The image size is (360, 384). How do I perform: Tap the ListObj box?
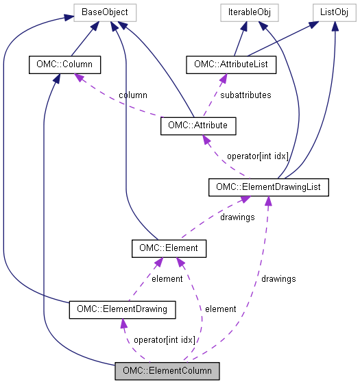pos(333,12)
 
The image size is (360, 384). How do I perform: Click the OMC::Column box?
pos(65,65)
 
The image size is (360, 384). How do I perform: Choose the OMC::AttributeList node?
pos(230,65)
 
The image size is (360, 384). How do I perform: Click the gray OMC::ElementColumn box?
pos(167,371)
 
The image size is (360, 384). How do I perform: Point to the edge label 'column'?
pos(132,95)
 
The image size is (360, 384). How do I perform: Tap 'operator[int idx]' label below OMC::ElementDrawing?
pos(165,340)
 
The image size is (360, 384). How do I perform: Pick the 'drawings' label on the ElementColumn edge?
pos(278,278)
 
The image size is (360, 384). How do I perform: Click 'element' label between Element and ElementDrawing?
pos(167,278)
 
